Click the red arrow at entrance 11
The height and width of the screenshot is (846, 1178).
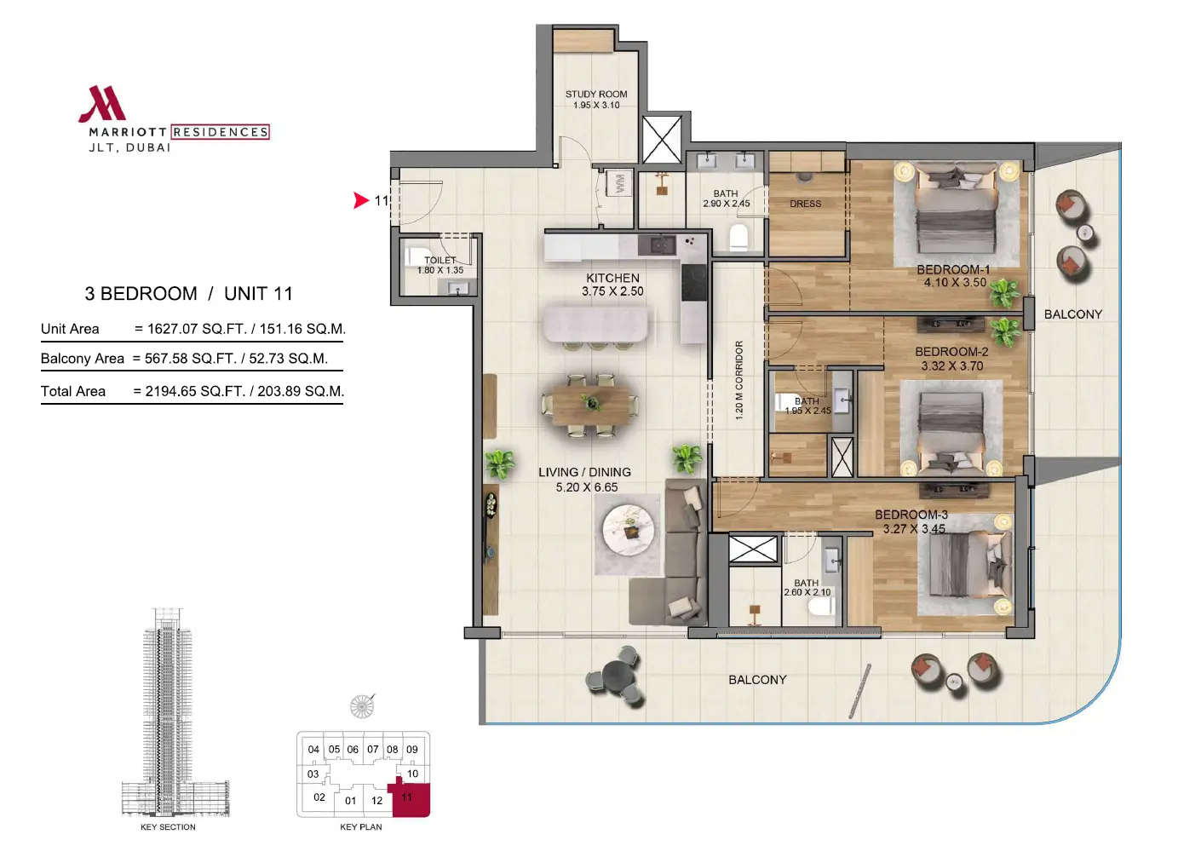click(x=361, y=200)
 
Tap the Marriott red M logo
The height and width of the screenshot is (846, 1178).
click(x=102, y=104)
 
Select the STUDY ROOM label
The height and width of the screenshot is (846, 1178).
click(x=596, y=95)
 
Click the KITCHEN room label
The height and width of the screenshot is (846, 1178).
click(x=612, y=278)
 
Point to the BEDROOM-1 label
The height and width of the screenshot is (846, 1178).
click(x=953, y=269)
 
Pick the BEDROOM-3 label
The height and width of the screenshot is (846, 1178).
click(x=911, y=515)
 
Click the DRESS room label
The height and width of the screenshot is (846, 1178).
click(x=805, y=204)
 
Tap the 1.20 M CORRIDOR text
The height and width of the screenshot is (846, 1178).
click(x=738, y=380)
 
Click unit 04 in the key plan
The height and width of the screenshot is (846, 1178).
click(x=313, y=749)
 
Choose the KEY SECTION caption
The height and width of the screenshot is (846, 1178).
click(x=168, y=827)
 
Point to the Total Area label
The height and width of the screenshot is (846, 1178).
click(x=73, y=391)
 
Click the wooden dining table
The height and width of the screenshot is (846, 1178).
click(x=591, y=406)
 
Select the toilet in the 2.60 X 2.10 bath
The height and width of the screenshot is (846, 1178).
click(x=819, y=607)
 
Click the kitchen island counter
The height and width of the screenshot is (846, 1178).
click(x=595, y=324)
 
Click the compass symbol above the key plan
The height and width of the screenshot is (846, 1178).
click(x=362, y=706)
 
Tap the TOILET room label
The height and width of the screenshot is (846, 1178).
click(x=440, y=261)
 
